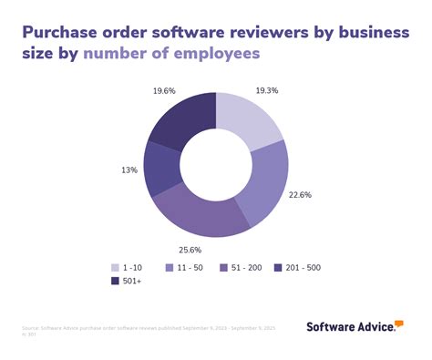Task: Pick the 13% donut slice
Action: tap(160, 170)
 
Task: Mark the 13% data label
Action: tap(128, 170)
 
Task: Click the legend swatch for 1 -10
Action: tap(116, 268)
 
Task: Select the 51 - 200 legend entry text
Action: tap(248, 268)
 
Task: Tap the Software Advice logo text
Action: tap(349, 326)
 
